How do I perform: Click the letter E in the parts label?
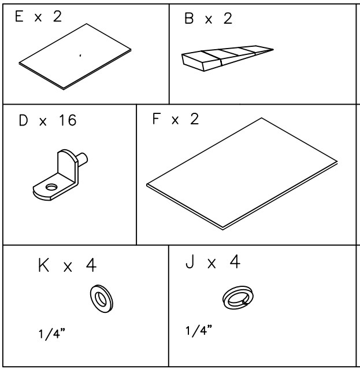click(19, 16)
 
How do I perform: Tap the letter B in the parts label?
click(189, 19)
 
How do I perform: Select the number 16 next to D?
click(68, 120)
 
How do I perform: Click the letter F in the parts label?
click(156, 119)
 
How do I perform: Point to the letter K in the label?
click(43, 265)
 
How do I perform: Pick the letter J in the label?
click(190, 261)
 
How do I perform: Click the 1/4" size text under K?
click(51, 334)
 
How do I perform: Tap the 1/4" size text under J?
click(199, 331)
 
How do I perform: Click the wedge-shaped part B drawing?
click(227, 58)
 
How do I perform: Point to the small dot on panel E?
click(80, 56)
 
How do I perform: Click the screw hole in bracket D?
click(51, 187)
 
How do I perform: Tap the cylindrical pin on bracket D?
click(83, 159)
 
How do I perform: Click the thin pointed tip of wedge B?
click(273, 49)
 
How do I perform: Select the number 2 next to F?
click(195, 119)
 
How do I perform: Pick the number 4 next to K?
click(91, 265)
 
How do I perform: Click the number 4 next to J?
click(235, 261)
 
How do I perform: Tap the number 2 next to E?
click(58, 16)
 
